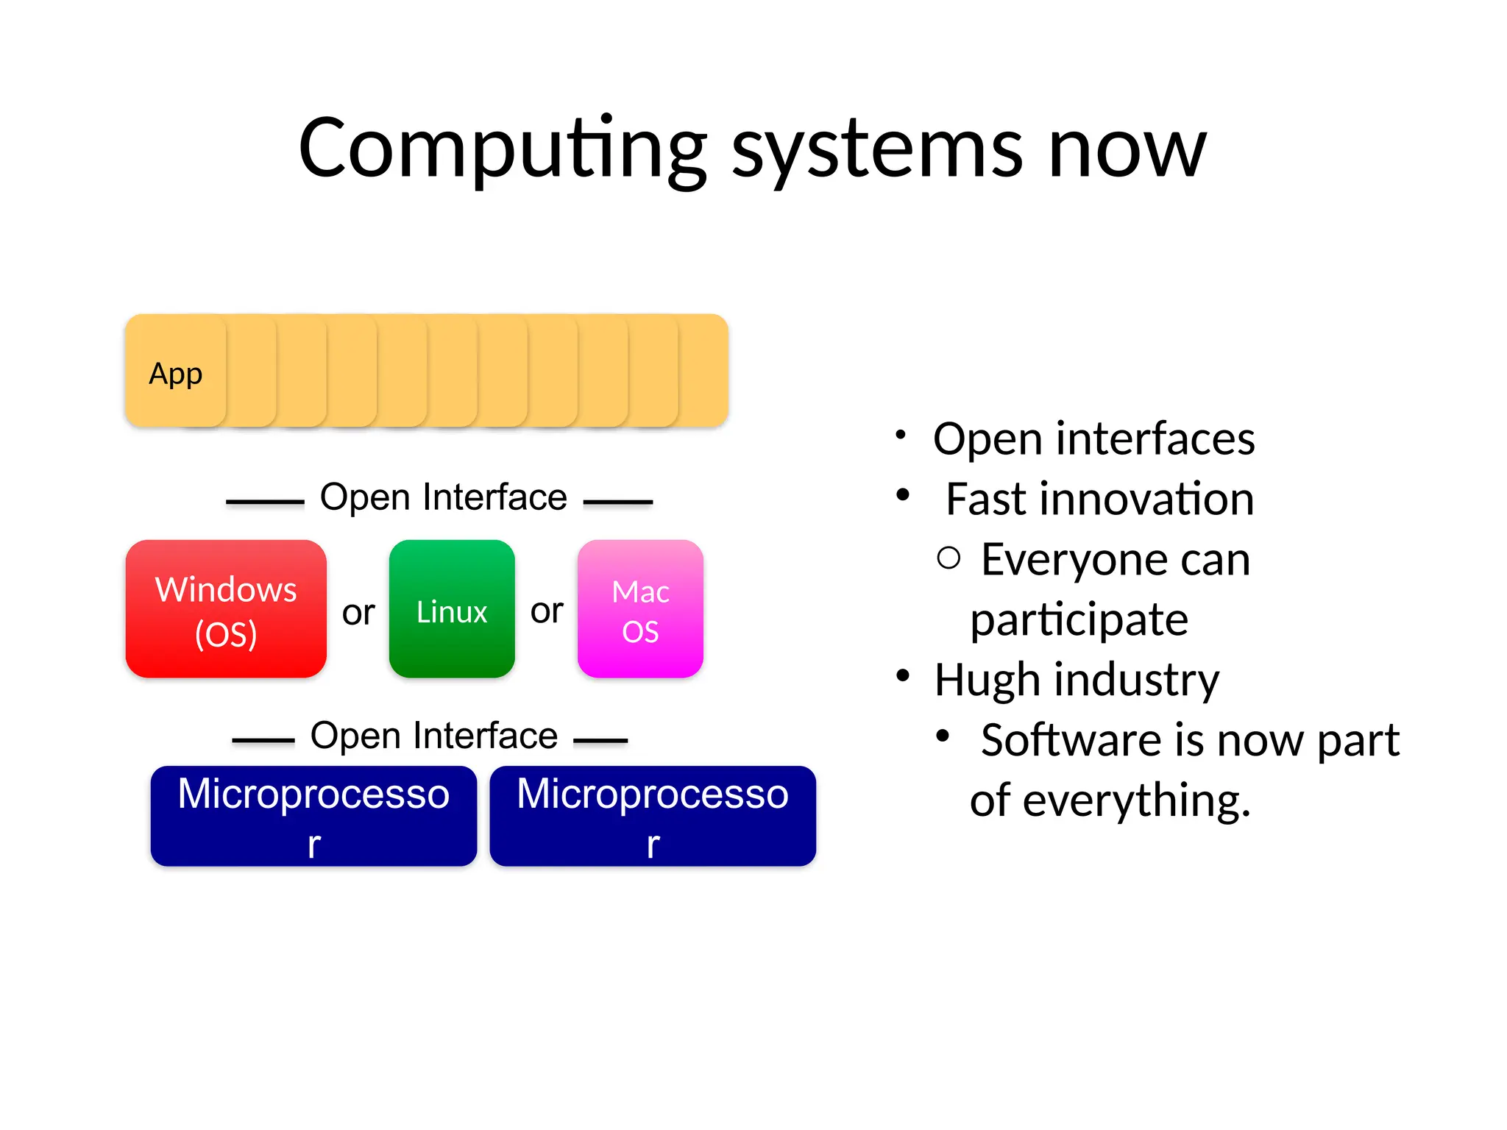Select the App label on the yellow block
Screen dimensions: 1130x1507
pyautogui.click(x=175, y=374)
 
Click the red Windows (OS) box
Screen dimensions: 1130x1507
pyautogui.click(x=226, y=609)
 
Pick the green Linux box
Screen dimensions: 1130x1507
pyautogui.click(x=452, y=609)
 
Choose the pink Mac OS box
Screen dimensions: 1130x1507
pyautogui.click(x=640, y=609)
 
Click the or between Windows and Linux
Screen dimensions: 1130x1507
pyautogui.click(x=358, y=612)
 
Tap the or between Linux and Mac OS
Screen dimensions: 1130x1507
pyautogui.click(x=547, y=611)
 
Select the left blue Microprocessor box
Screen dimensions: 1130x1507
pyautogui.click(x=313, y=816)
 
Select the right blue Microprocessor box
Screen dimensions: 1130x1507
pyautogui.click(x=653, y=816)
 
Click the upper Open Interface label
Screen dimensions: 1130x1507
pyautogui.click(x=443, y=497)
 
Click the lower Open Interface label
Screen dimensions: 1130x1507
pyautogui.click(x=433, y=736)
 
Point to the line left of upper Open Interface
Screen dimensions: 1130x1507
pyautogui.click(x=265, y=502)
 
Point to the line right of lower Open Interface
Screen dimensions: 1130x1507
pyautogui.click(x=600, y=740)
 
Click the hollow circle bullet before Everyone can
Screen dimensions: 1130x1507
pyautogui.click(x=949, y=558)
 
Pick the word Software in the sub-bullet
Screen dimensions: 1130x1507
pyautogui.click(x=1071, y=740)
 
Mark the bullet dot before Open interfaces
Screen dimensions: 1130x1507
pyautogui.click(x=900, y=435)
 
